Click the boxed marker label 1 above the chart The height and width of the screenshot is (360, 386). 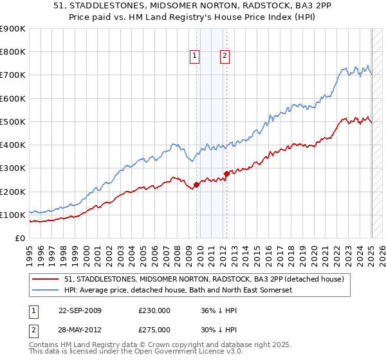[x=195, y=57]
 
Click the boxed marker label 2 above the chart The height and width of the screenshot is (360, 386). [x=225, y=57]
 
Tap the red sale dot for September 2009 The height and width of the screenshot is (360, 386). [x=196, y=185]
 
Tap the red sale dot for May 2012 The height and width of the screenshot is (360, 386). [x=226, y=174]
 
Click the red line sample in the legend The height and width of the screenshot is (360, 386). [x=46, y=279]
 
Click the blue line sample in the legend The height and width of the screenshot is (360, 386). [x=46, y=290]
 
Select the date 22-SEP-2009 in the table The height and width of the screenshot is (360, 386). [x=80, y=310]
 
